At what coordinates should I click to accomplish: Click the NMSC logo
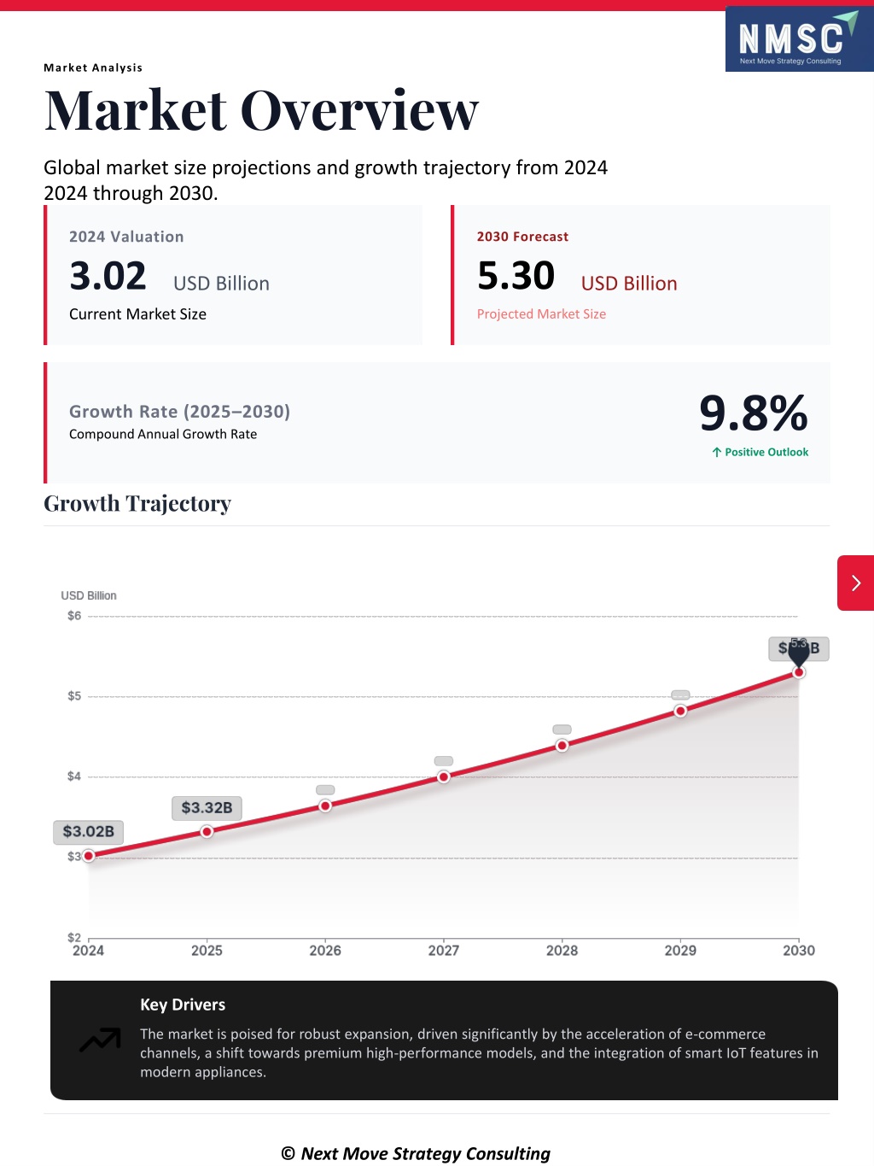798,39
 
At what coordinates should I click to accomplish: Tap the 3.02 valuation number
108,276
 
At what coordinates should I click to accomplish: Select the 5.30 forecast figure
516,276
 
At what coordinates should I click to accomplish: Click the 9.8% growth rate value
753,413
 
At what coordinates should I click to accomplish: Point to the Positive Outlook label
760,452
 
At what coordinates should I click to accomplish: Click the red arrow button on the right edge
855,583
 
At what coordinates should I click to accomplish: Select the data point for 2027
444,776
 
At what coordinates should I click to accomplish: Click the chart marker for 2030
799,672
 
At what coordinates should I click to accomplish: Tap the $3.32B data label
207,807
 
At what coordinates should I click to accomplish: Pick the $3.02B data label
89,831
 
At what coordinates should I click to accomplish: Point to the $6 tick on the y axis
74,616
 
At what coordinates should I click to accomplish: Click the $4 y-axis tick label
74,776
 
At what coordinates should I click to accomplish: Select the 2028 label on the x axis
562,950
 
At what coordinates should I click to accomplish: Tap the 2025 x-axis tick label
207,950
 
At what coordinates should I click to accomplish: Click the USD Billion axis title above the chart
89,595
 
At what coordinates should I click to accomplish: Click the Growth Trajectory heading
137,504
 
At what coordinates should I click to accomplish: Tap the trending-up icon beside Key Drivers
100,1040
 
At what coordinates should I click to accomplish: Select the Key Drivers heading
183,1005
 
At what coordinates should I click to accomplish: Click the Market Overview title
261,111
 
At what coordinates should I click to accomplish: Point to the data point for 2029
680,711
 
